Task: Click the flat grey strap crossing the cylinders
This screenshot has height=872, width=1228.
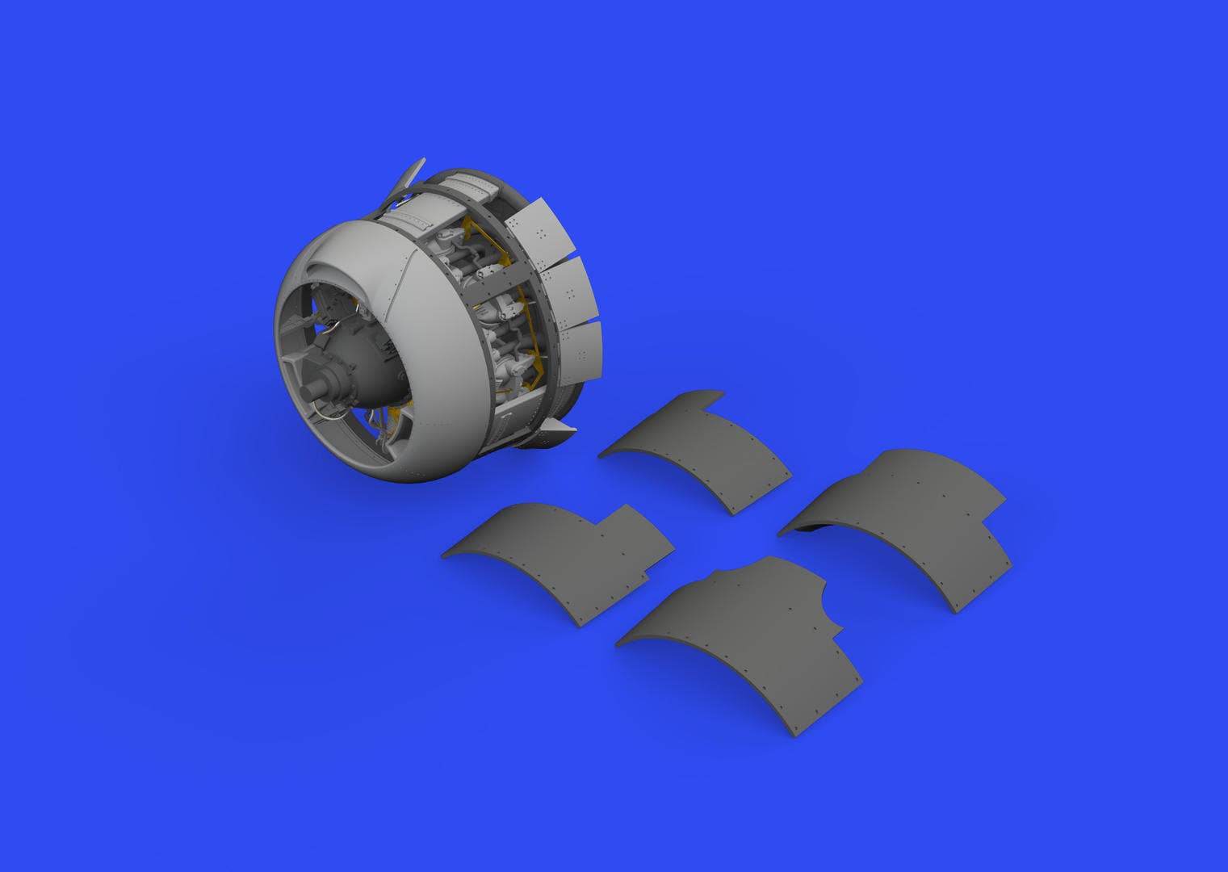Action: click(517, 279)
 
